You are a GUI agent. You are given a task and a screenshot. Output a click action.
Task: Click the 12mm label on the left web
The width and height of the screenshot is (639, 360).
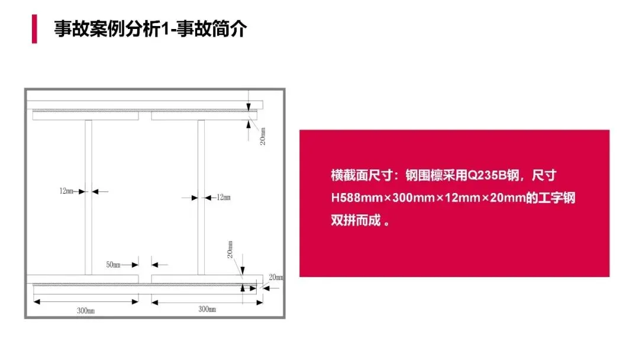pyautogui.click(x=66, y=191)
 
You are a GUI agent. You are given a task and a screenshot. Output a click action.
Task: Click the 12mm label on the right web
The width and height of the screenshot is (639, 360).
pyautogui.click(x=224, y=197)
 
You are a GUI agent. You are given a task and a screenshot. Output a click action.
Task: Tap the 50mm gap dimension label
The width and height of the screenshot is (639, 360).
pyautogui.click(x=113, y=265)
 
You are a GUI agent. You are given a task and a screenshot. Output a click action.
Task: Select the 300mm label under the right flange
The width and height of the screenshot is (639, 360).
pyautogui.click(x=207, y=309)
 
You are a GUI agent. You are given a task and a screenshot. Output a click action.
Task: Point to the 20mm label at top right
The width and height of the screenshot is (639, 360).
pyautogui.click(x=263, y=136)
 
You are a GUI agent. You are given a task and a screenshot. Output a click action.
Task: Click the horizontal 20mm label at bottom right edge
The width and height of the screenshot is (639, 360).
pyautogui.click(x=276, y=277)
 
